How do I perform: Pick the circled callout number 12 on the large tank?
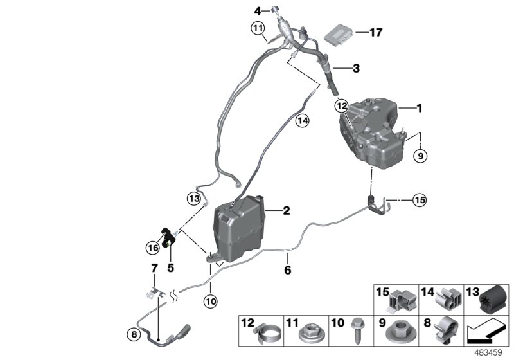[341, 104]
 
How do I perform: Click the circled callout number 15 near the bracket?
[419, 201]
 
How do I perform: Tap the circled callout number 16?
[153, 247]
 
